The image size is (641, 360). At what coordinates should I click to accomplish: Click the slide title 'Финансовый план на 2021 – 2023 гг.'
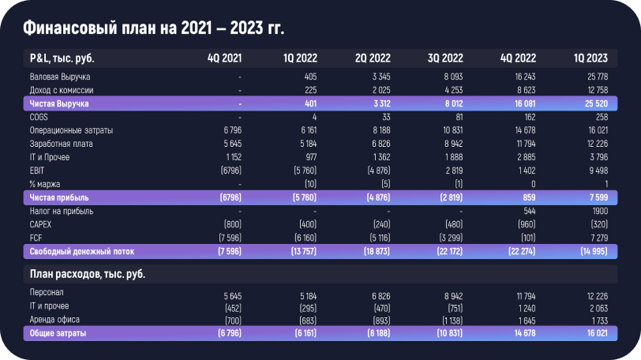(153, 29)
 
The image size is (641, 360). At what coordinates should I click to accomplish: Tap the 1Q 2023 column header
(590, 58)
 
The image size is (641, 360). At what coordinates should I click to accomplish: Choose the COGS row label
(39, 117)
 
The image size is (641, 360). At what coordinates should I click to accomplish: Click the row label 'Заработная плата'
(61, 143)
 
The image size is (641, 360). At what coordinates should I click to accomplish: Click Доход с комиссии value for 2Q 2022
(379, 91)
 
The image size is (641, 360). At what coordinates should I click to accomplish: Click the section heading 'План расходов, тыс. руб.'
(87, 274)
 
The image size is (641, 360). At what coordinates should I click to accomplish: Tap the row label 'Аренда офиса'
(54, 320)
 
